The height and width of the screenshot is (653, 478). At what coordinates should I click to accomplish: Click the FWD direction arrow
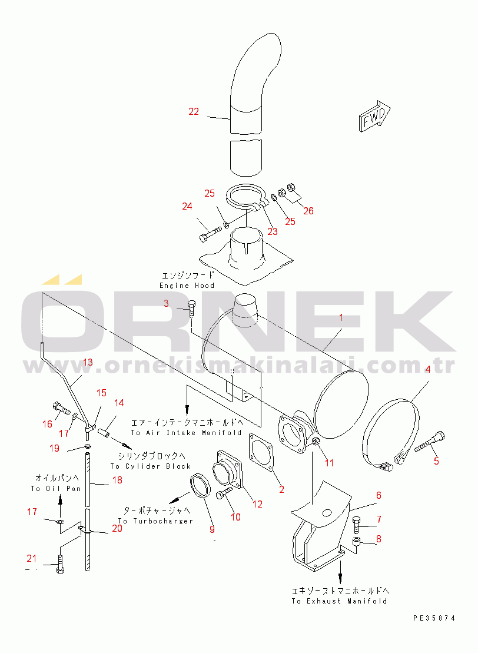pyautogui.click(x=374, y=116)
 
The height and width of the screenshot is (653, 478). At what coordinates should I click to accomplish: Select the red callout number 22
pyautogui.click(x=194, y=112)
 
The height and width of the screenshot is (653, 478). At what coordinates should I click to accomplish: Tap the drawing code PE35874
pyautogui.click(x=434, y=618)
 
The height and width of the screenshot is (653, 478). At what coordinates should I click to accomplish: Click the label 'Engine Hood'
pyautogui.click(x=187, y=286)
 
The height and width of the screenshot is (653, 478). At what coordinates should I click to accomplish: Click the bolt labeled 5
pyautogui.click(x=430, y=442)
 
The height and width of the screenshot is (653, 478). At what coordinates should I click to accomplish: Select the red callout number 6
pyautogui.click(x=379, y=495)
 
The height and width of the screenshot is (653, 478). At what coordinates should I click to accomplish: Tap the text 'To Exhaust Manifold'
pyautogui.click(x=339, y=601)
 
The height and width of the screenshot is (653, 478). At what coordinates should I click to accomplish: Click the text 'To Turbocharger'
pyautogui.click(x=156, y=521)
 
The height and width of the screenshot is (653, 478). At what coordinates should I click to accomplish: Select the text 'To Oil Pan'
pyautogui.click(x=56, y=489)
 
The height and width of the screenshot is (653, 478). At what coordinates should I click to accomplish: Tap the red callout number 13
pyautogui.click(x=88, y=362)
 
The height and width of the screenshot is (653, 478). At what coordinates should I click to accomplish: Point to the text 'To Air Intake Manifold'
pyautogui.click(x=186, y=433)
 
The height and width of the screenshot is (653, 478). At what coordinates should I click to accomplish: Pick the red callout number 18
pyautogui.click(x=117, y=480)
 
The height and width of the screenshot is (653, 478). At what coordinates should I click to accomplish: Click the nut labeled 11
pyautogui.click(x=316, y=442)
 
